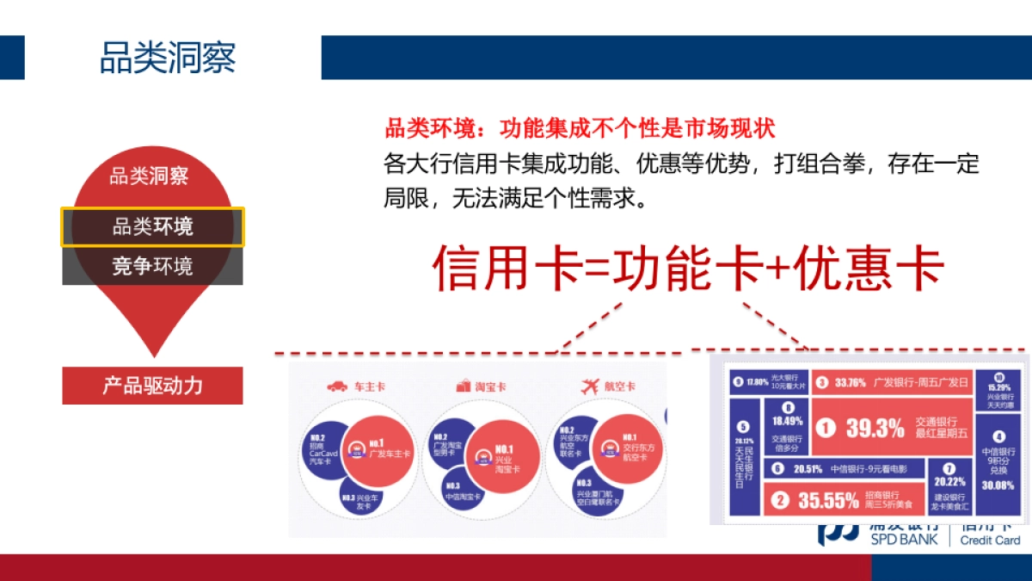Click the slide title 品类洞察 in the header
click(168, 58)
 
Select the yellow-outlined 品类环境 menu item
click(153, 227)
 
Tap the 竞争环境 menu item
click(153, 266)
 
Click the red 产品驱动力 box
click(152, 385)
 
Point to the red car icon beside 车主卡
click(337, 386)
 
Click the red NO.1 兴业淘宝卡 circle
click(504, 456)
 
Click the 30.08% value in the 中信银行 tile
click(998, 485)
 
